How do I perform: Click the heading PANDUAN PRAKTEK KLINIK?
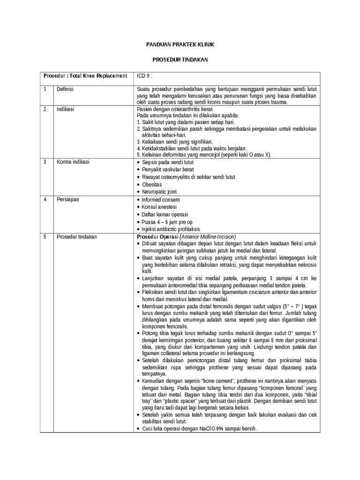point(180,45)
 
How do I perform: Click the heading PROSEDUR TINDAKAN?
point(180,60)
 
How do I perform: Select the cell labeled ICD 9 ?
point(144,76)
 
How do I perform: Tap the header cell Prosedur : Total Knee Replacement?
point(85,76)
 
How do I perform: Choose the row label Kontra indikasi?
point(73,162)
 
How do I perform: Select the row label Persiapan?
point(67,200)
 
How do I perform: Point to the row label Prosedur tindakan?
point(76,237)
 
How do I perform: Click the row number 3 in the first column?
point(45,162)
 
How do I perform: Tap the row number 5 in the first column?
point(45,237)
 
